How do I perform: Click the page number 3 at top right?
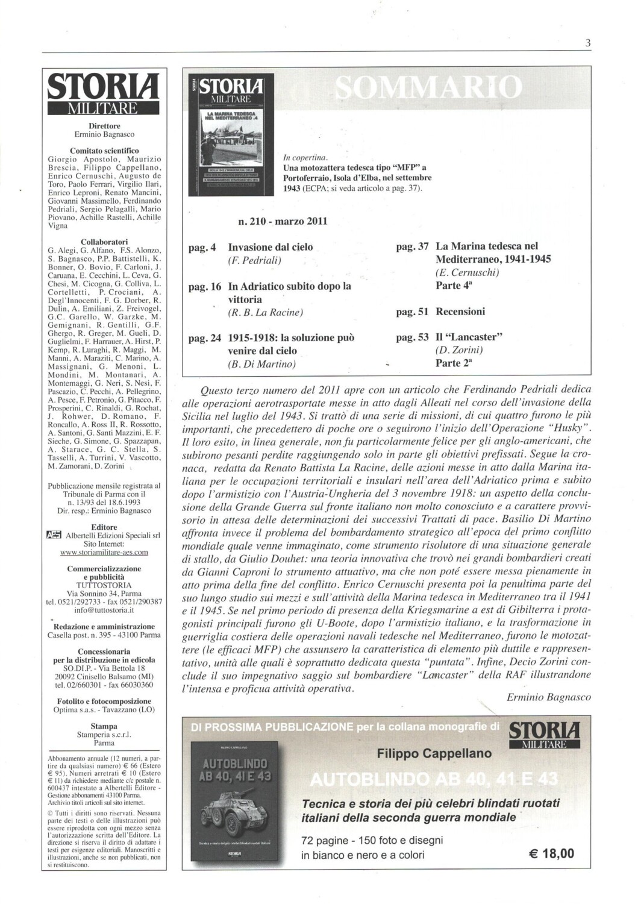(587, 43)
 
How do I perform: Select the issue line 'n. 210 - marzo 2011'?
(284, 221)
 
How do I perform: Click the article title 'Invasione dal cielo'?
(271, 247)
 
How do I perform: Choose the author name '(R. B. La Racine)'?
(265, 312)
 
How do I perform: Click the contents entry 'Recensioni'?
(460, 312)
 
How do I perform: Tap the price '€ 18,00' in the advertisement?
(551, 853)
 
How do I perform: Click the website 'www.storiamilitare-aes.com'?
(104, 551)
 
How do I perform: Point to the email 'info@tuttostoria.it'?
(104, 610)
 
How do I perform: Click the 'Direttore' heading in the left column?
(104, 126)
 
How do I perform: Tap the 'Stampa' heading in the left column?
(104, 726)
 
